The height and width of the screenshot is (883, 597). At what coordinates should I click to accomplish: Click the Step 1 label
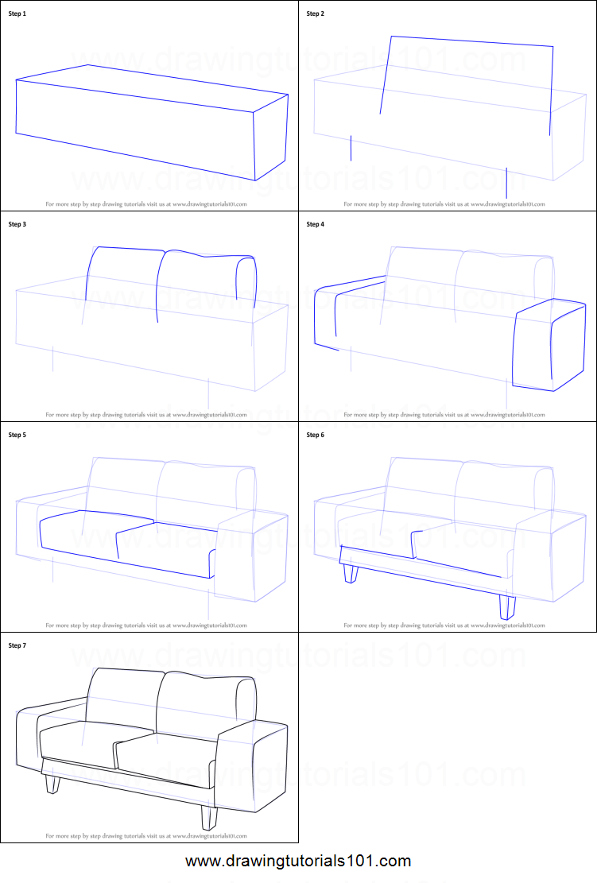(x=17, y=14)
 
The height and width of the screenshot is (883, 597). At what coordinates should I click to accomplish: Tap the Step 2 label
(x=315, y=14)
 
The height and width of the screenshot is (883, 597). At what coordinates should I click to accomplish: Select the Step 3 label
(x=17, y=224)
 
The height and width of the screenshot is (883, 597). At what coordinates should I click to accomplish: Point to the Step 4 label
(x=315, y=224)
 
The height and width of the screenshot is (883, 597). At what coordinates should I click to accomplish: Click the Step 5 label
(x=17, y=435)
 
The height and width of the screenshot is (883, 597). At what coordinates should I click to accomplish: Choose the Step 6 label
(x=315, y=435)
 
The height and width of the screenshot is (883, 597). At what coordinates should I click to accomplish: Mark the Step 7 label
(x=17, y=645)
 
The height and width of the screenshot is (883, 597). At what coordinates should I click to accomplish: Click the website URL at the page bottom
(x=298, y=861)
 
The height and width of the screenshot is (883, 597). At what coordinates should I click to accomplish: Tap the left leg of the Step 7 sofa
(x=52, y=784)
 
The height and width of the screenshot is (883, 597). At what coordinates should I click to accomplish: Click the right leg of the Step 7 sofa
(x=210, y=818)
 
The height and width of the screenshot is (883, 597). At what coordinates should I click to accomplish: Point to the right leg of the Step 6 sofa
(x=506, y=607)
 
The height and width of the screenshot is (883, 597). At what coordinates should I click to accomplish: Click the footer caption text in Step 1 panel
(x=146, y=204)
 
